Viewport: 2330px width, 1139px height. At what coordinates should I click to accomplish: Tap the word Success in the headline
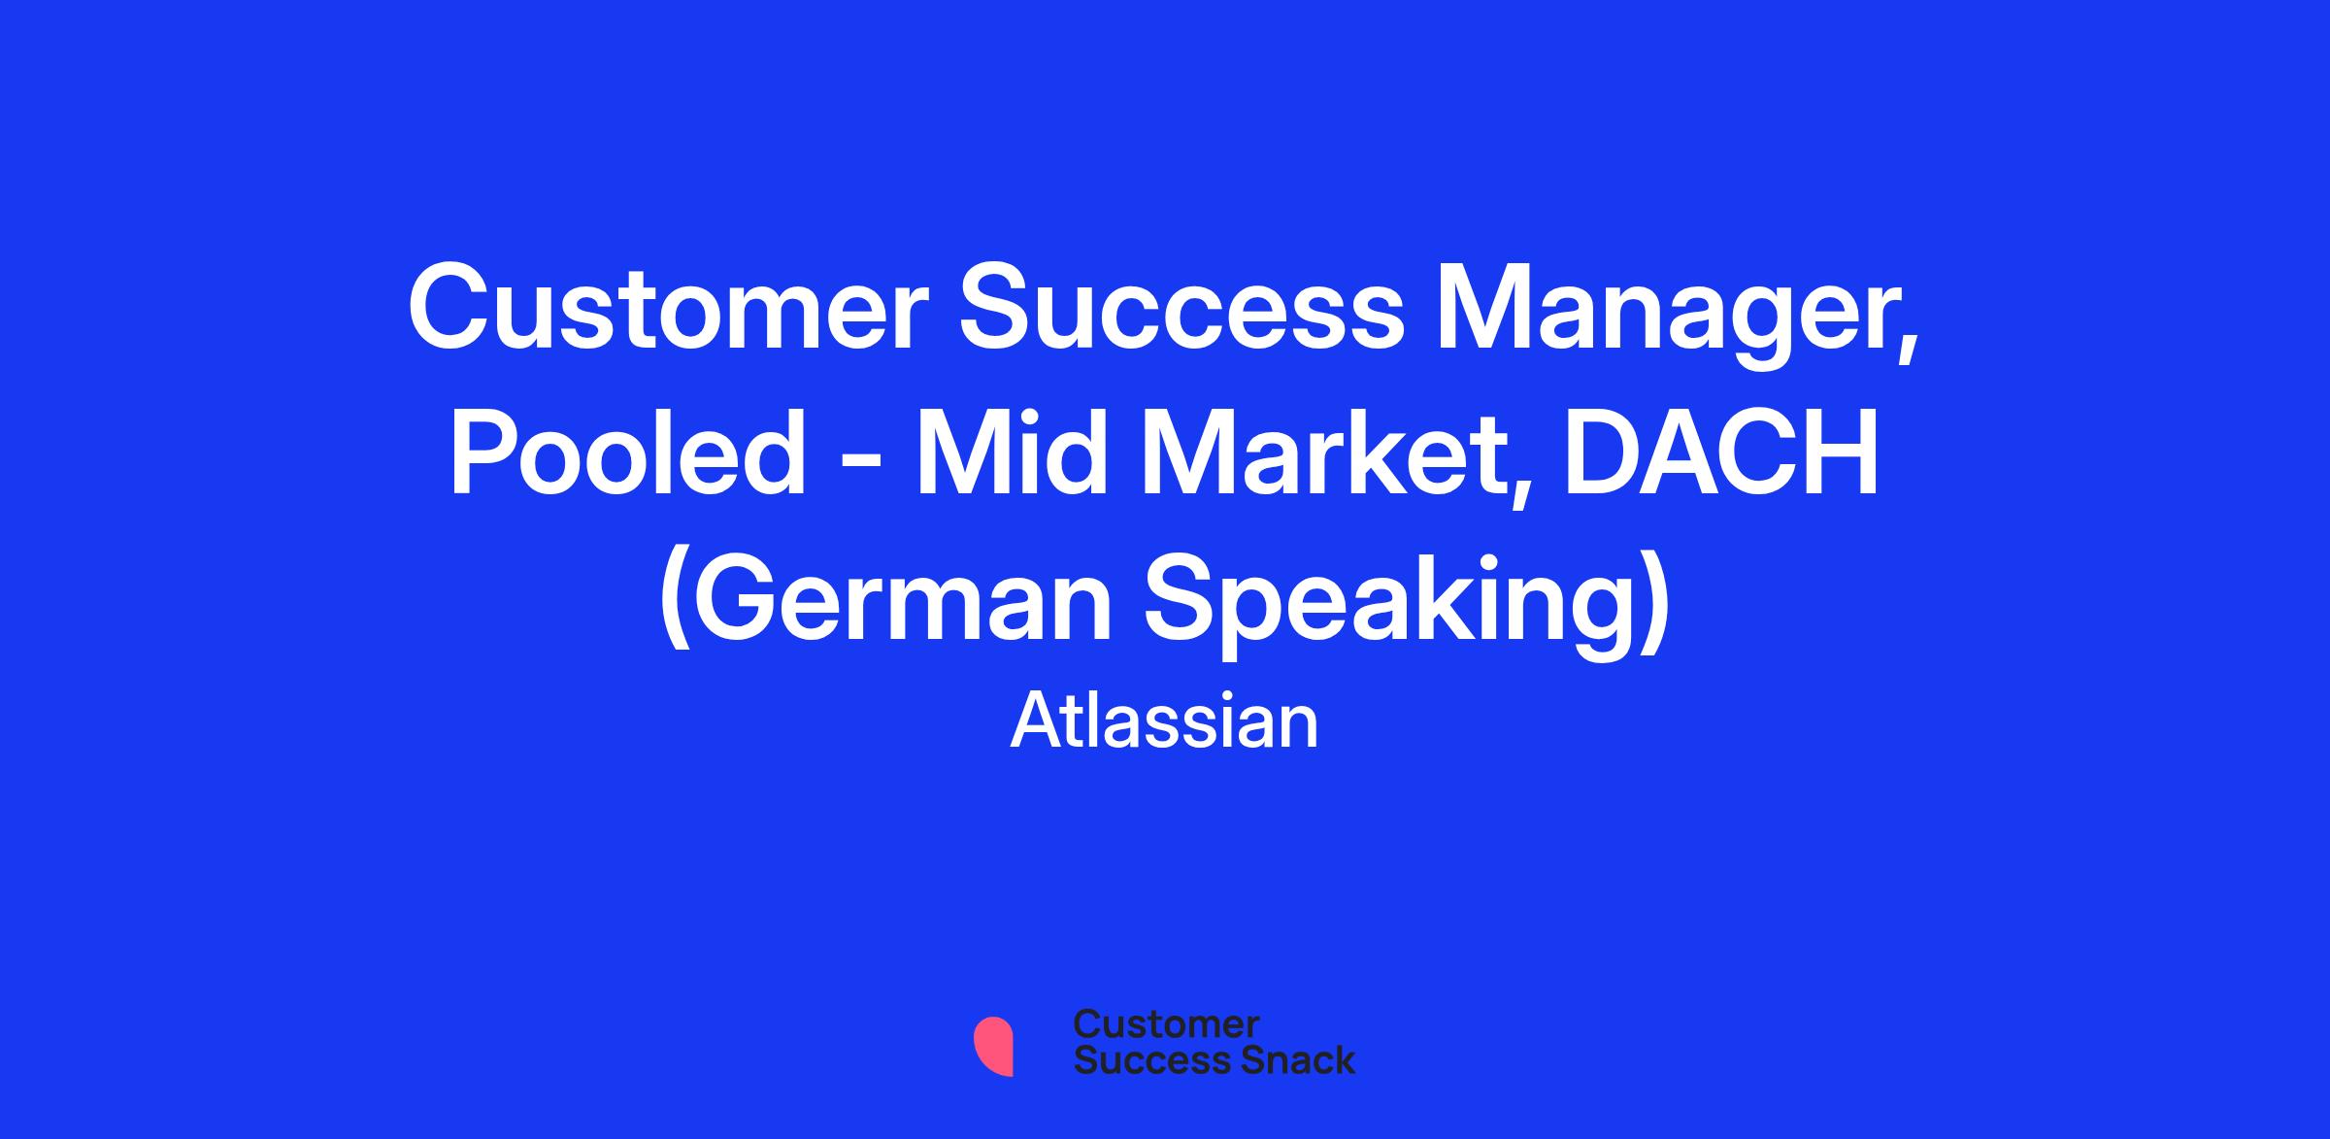[x=1182, y=308]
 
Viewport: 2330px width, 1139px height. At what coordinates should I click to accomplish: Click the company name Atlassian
[x=1165, y=720]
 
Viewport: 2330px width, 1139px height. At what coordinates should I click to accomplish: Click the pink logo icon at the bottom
[x=993, y=1046]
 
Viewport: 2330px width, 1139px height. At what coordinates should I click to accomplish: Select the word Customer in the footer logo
[x=1167, y=1024]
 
